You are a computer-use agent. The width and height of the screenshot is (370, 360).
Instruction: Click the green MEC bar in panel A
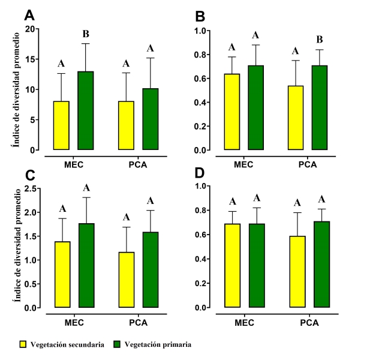tap(85, 110)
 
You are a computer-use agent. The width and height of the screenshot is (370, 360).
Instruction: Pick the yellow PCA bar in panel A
tap(127, 125)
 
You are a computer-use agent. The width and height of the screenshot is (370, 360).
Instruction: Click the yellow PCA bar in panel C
tap(127, 280)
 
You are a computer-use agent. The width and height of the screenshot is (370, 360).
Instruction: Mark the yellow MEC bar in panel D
tap(231, 266)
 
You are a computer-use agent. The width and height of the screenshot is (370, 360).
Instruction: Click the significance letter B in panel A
tap(85, 34)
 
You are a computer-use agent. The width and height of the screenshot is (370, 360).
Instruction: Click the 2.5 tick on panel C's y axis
tap(31, 188)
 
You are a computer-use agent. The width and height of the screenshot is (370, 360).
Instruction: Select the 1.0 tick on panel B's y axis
tap(200, 31)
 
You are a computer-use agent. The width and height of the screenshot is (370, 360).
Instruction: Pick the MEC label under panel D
tap(245, 322)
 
